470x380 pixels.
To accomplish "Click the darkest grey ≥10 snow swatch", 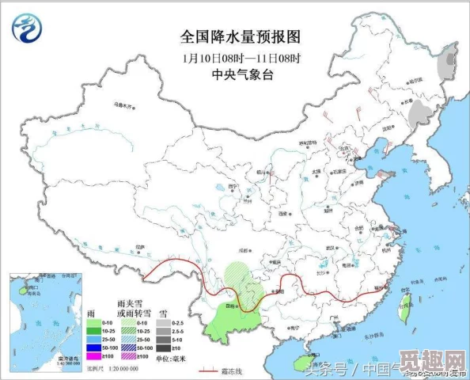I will point(162,347).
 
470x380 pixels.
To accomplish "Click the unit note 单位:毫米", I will point(171,358).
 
